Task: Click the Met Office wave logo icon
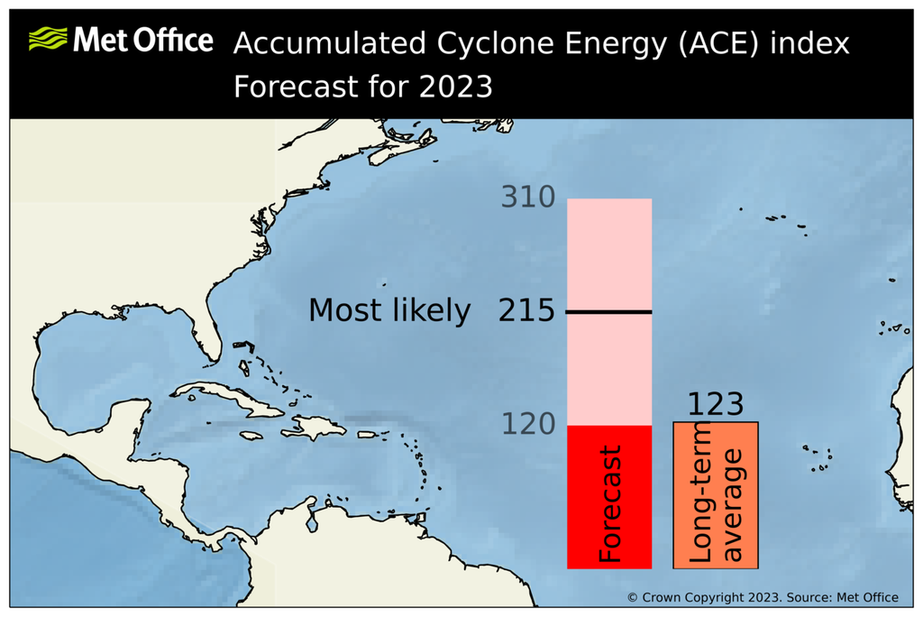pos(48,40)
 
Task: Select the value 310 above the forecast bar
pos(528,197)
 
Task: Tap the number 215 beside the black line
pos(526,311)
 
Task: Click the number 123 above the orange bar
pos(716,404)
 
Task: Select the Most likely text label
pos(389,311)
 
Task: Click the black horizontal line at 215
pos(608,312)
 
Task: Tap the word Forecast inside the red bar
pos(610,503)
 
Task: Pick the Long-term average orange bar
pos(716,496)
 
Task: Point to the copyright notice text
pos(763,597)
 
